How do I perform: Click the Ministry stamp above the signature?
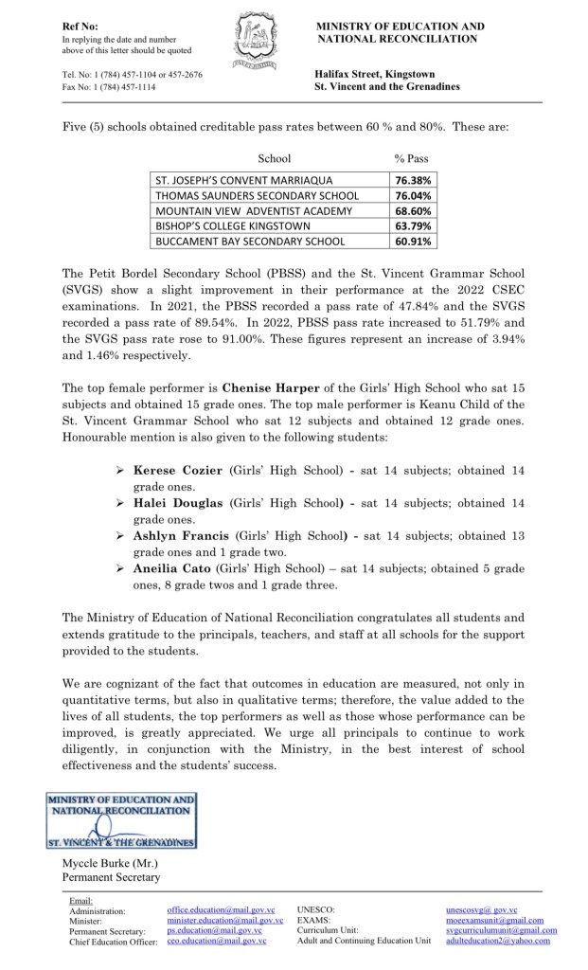pos(121,821)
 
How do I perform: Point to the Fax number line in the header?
pos(110,86)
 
